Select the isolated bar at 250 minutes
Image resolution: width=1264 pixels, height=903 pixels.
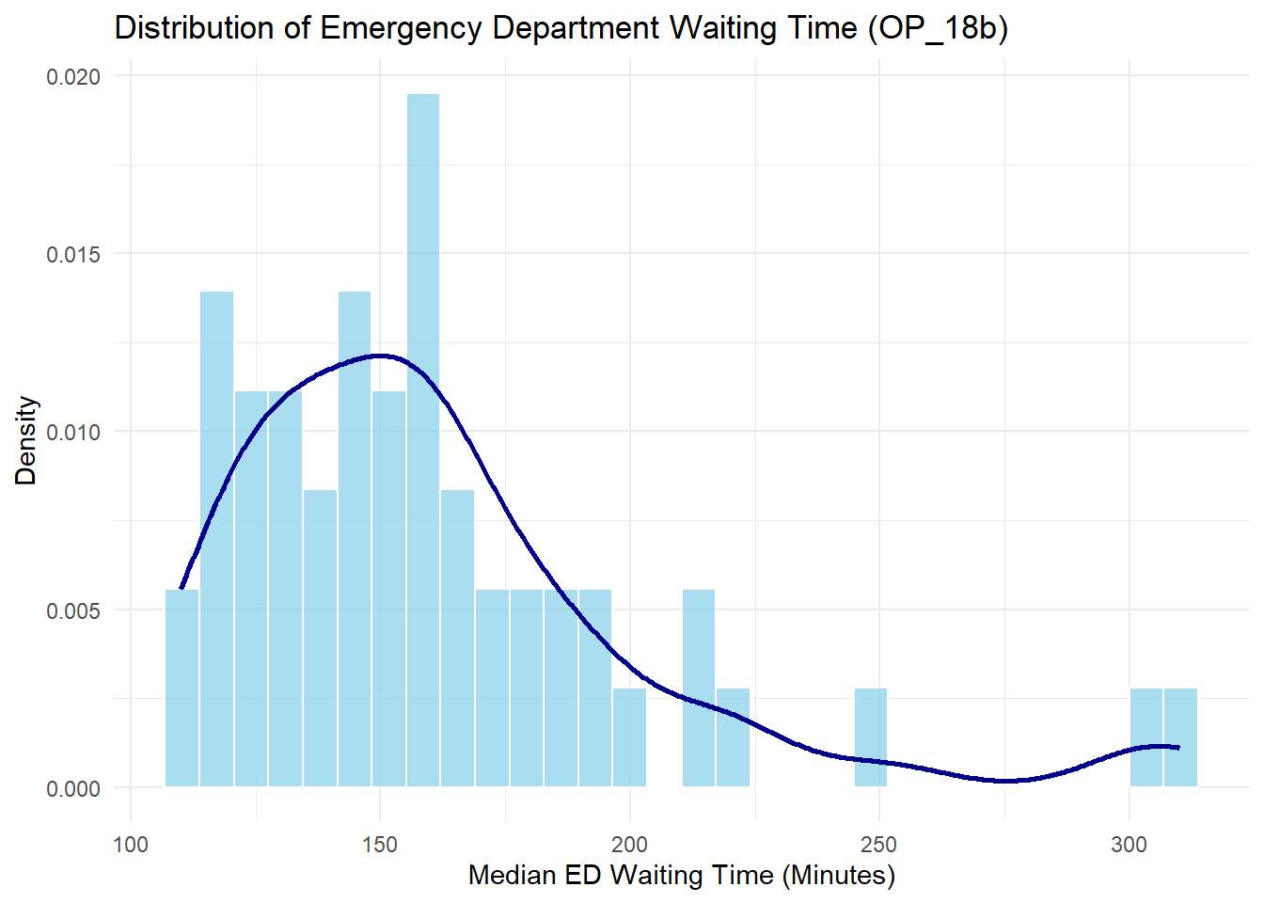[871, 738]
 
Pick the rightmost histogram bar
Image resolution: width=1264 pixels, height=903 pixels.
[1180, 738]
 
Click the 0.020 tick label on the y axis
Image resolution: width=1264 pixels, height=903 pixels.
[73, 76]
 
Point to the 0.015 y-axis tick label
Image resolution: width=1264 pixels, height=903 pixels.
[73, 254]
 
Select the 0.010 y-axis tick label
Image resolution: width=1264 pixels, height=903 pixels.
[73, 433]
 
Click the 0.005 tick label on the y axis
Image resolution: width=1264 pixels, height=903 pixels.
[73, 610]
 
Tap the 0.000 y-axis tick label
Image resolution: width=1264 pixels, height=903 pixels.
[73, 788]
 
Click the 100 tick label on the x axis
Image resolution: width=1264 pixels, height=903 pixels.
[130, 845]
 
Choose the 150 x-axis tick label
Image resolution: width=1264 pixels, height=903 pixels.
[380, 845]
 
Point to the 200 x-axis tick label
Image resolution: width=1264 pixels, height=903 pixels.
[629, 845]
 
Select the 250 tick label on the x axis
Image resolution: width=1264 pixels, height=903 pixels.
[879, 845]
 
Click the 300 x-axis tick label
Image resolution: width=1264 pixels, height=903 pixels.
[1129, 845]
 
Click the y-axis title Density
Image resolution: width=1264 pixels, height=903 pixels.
[26, 440]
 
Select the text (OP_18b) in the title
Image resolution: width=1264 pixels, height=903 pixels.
[938, 28]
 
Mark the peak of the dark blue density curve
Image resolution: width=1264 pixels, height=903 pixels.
[379, 356]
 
